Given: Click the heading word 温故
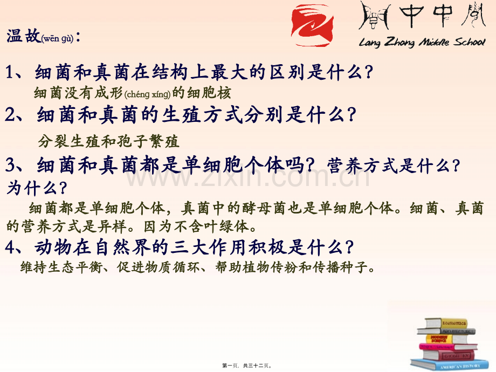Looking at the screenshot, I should coord(23,37).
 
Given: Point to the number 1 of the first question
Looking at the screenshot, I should coord(10,72).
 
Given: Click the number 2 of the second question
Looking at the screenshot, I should coord(10,114).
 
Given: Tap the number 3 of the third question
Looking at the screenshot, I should coord(10,164).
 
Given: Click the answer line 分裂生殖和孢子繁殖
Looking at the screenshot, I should coord(108,142).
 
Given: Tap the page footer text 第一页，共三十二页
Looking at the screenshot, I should coord(249,365).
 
